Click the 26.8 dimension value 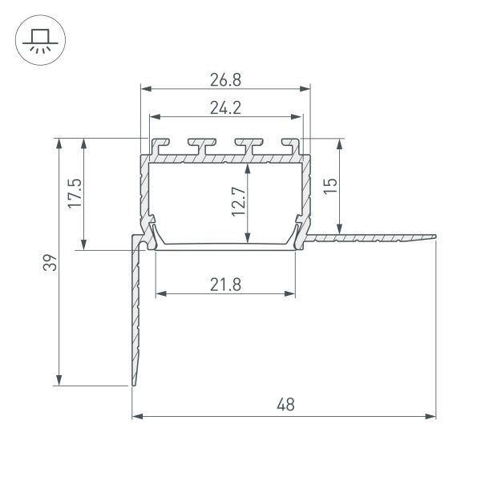click(x=224, y=79)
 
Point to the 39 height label click(x=50, y=262)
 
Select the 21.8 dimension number click(x=224, y=283)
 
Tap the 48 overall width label click(x=285, y=406)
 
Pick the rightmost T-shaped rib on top click(x=289, y=147)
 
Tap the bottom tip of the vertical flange click(x=133, y=385)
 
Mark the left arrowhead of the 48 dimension click(x=136, y=417)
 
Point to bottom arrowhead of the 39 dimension click(x=59, y=381)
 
